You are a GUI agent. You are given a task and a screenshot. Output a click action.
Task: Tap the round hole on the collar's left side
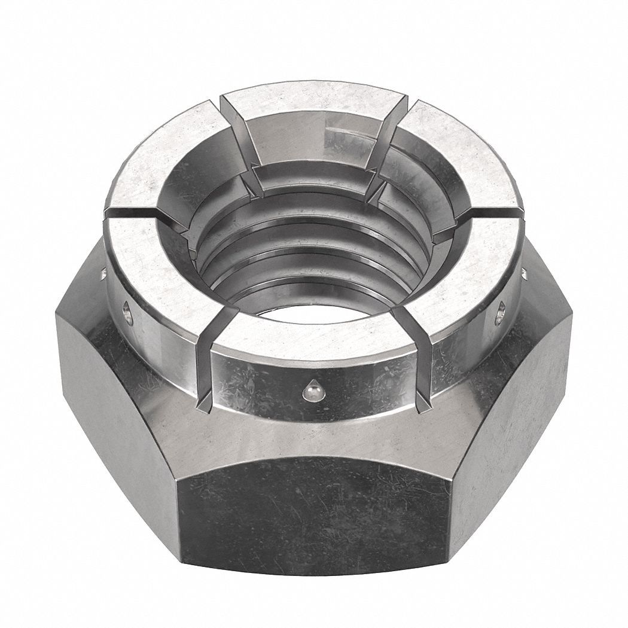coord(127,312)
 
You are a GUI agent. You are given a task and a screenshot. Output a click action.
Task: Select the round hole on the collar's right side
coord(499,313)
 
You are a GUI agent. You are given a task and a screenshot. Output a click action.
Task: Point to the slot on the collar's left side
coord(135,213)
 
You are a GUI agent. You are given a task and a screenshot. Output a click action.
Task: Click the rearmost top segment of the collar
coord(314,99)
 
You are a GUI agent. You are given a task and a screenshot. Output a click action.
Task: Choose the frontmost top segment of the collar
coord(311,335)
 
